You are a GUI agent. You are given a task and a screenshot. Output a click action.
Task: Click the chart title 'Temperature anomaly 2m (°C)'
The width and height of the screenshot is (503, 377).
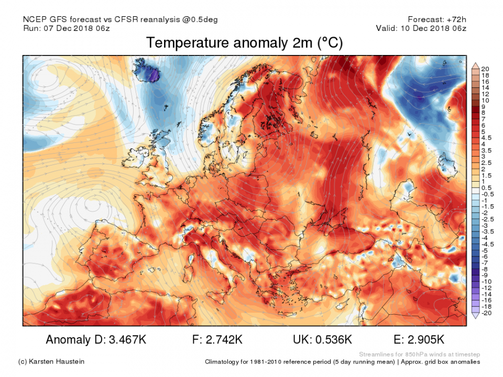pyautogui.click(x=244, y=43)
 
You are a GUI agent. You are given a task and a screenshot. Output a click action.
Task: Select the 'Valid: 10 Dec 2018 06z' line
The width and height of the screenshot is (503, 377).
pyautogui.click(x=421, y=28)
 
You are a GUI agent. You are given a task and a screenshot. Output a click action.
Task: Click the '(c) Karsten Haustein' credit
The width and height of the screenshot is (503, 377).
pyautogui.click(x=51, y=362)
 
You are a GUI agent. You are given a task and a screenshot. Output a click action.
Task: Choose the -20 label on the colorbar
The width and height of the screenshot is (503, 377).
pyautogui.click(x=486, y=313)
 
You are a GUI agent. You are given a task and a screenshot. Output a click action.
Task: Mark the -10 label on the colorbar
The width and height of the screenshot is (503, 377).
pyautogui.click(x=486, y=282)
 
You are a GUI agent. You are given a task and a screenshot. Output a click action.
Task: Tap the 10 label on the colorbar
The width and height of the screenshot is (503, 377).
pyautogui.click(x=485, y=100)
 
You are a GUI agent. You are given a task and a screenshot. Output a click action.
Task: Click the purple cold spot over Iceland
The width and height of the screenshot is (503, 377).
pyautogui.click(x=152, y=76)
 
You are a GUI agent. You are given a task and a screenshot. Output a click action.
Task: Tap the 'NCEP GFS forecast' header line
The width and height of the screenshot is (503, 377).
pyautogui.click(x=120, y=20)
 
